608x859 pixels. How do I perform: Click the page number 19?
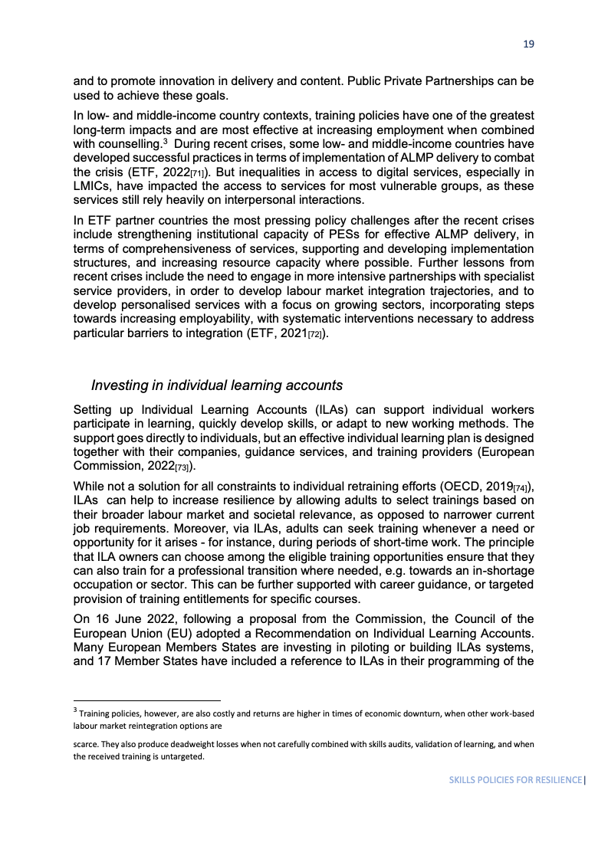(528, 44)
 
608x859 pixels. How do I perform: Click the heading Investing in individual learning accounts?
(217, 385)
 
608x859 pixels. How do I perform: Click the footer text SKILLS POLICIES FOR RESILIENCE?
(515, 780)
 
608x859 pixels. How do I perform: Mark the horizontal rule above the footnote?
(146, 700)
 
